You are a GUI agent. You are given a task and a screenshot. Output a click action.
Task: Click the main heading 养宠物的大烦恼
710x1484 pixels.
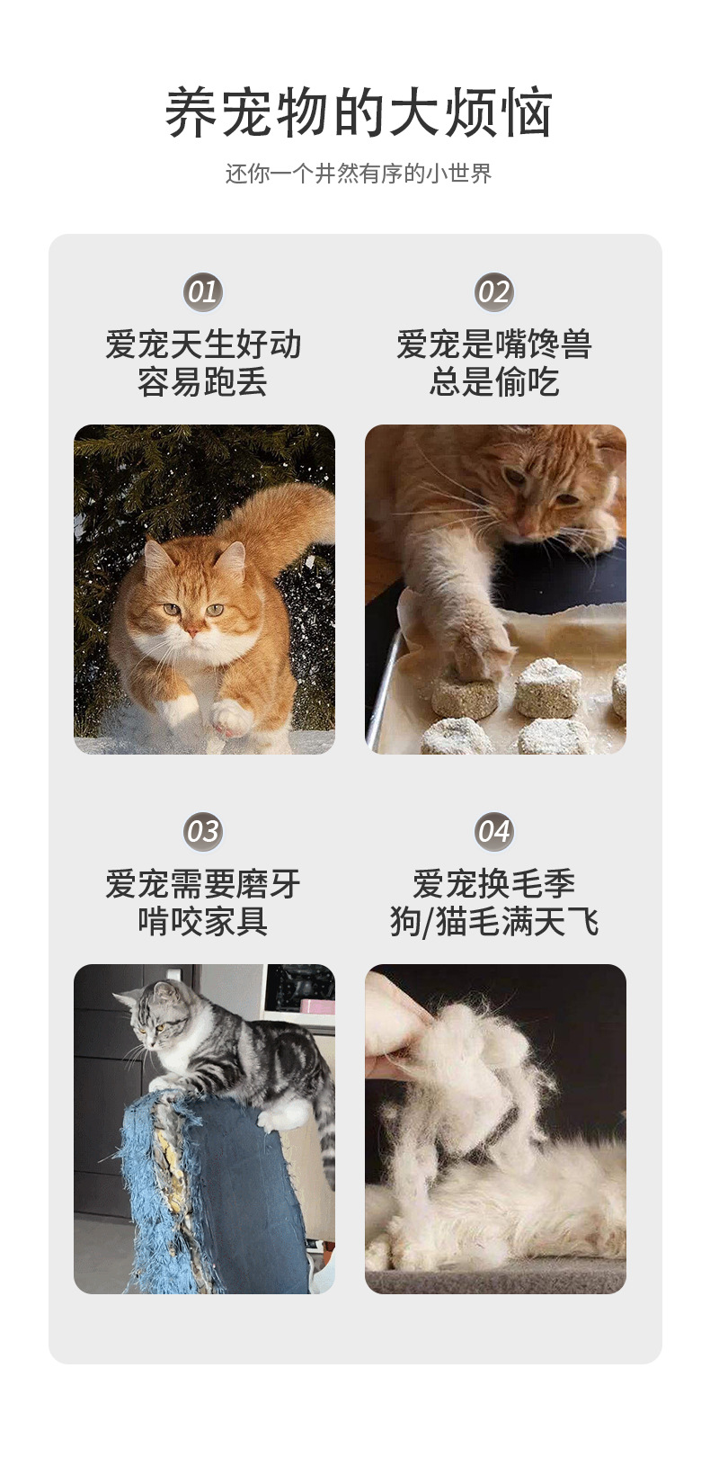coord(358,113)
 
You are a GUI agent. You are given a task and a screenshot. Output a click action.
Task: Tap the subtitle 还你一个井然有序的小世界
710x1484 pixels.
coord(358,174)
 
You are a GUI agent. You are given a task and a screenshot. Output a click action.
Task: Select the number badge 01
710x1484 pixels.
coord(203,292)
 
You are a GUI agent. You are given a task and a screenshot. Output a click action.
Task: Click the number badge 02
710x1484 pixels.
coord(493,292)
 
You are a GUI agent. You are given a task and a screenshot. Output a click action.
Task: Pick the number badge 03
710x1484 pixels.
coord(203,831)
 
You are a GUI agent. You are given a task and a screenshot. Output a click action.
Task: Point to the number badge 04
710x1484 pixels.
coord(493,831)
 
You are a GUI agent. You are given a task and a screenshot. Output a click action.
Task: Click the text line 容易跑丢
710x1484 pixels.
coord(203,382)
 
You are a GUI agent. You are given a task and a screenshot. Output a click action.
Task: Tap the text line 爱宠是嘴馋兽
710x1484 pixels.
coord(493,344)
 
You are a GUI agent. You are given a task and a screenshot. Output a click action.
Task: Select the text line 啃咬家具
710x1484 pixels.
coord(203,922)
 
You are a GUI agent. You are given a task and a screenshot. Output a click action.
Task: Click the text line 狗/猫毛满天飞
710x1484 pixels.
coord(493,922)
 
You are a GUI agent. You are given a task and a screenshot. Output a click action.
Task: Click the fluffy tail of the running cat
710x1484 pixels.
coord(279,522)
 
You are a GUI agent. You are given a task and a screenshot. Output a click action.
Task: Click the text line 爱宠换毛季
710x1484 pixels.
coord(493,884)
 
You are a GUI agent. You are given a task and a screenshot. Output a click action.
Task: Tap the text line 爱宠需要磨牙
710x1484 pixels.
coord(203,884)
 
